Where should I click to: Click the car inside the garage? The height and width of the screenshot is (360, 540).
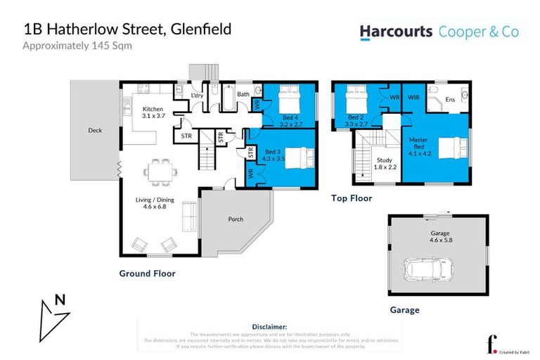428,268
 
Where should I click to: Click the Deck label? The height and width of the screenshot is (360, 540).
95,130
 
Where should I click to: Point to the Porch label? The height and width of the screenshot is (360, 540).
236,219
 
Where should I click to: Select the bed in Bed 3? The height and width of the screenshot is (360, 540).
294,155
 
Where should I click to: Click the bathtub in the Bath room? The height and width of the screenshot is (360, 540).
229,98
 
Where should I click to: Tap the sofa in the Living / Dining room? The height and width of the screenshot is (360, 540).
189,216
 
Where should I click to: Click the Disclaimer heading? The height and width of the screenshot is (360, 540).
269,326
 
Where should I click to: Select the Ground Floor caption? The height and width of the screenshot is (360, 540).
147,274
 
